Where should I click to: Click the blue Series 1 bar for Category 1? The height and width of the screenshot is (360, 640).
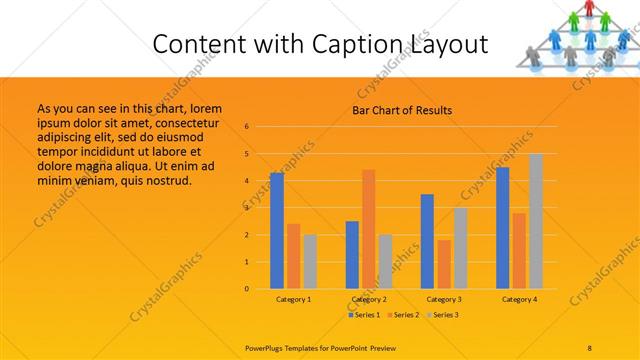point(277,231)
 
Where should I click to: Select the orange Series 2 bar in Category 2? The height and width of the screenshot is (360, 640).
point(369,229)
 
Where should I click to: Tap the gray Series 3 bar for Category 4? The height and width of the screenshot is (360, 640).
point(536,221)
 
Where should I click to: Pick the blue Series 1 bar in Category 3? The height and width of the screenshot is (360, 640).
point(428,241)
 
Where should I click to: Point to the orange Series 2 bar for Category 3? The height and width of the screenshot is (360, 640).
point(444,264)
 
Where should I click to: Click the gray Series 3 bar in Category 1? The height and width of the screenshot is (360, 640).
point(310,262)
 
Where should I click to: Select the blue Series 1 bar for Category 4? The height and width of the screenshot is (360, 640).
point(503,228)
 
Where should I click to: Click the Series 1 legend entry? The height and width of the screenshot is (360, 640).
point(364,315)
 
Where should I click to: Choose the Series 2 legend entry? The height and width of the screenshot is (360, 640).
point(403,315)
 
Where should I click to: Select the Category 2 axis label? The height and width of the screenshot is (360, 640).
point(369,299)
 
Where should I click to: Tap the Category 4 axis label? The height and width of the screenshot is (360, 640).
point(520,299)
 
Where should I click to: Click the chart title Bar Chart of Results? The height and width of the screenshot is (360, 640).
point(402,110)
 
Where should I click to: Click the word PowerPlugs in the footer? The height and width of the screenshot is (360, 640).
point(268,347)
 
